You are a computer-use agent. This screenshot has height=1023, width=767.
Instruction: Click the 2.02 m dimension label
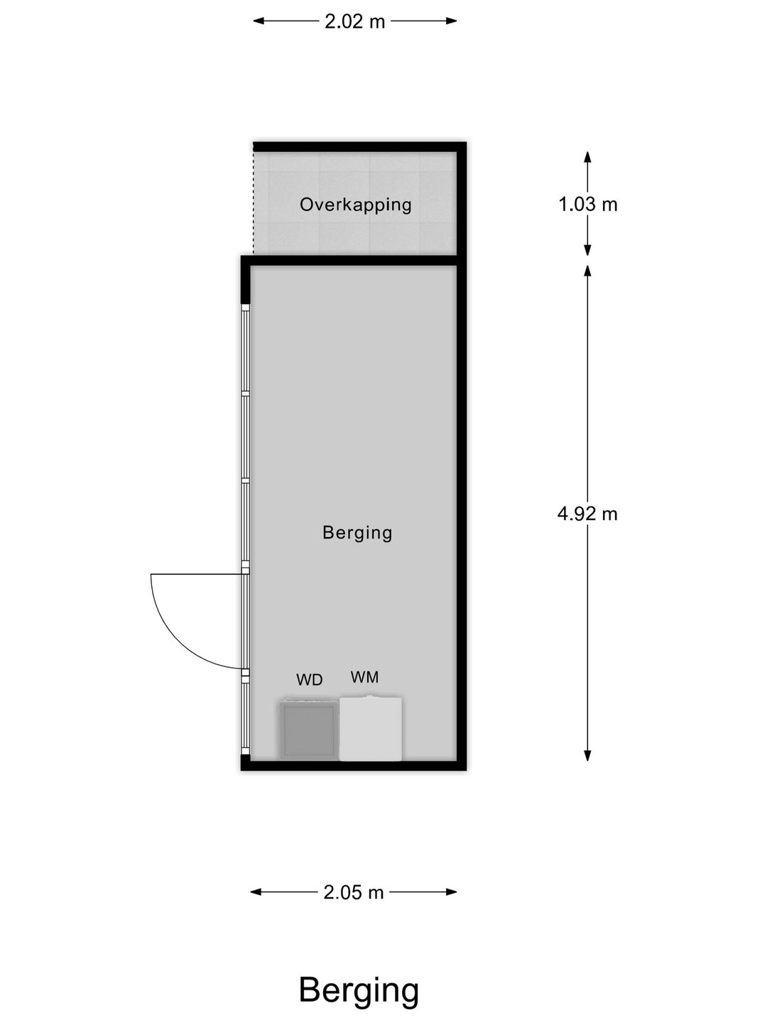coord(354,21)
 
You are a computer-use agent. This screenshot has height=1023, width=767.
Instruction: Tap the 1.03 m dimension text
coord(587,205)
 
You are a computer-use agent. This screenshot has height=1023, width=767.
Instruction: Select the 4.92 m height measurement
coord(587,513)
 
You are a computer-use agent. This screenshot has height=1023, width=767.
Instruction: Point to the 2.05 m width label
coord(353,892)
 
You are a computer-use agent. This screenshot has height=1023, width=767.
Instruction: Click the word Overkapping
coord(355,205)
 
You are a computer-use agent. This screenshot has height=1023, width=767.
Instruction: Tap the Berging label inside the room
coord(357,532)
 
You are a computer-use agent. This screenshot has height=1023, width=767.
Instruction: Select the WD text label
coord(310,680)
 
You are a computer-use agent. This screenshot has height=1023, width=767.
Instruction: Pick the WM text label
coord(364,677)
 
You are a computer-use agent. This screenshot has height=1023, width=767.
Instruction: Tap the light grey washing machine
coord(371,729)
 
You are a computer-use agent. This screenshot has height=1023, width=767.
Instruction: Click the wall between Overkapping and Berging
coord(355,260)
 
